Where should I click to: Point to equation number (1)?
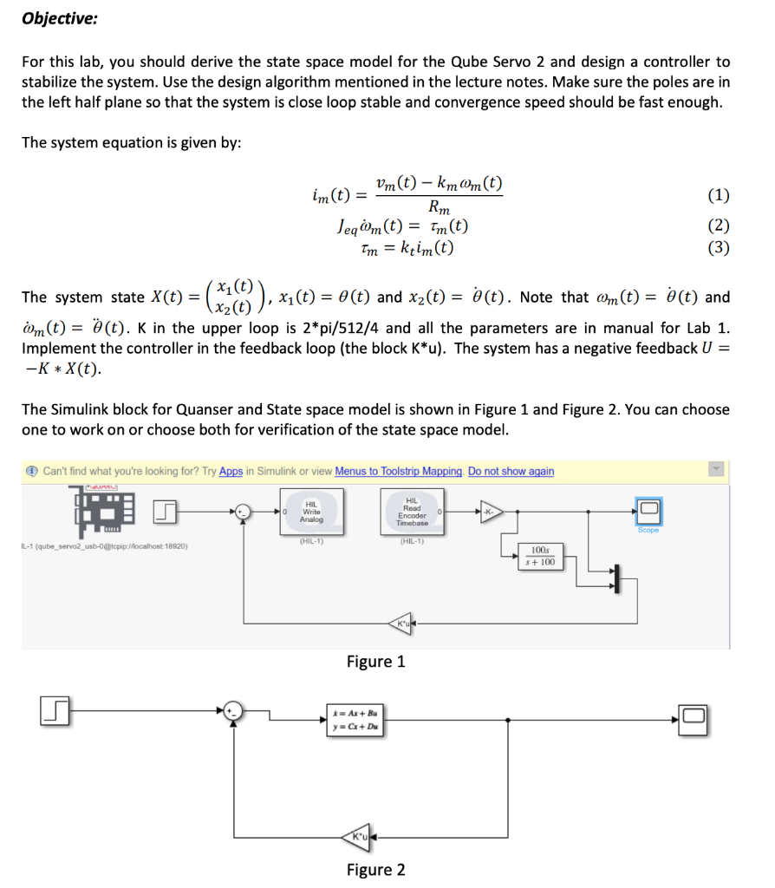(x=719, y=194)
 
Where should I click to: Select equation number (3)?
(x=719, y=248)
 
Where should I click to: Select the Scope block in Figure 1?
(x=648, y=510)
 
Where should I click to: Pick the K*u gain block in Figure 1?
(x=403, y=623)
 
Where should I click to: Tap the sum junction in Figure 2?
(x=233, y=713)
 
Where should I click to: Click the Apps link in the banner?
(x=231, y=471)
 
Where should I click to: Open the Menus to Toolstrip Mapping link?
(x=398, y=471)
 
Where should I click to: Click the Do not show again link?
(x=511, y=471)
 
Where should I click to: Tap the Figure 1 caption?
(x=375, y=662)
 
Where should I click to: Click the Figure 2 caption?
(x=375, y=870)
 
